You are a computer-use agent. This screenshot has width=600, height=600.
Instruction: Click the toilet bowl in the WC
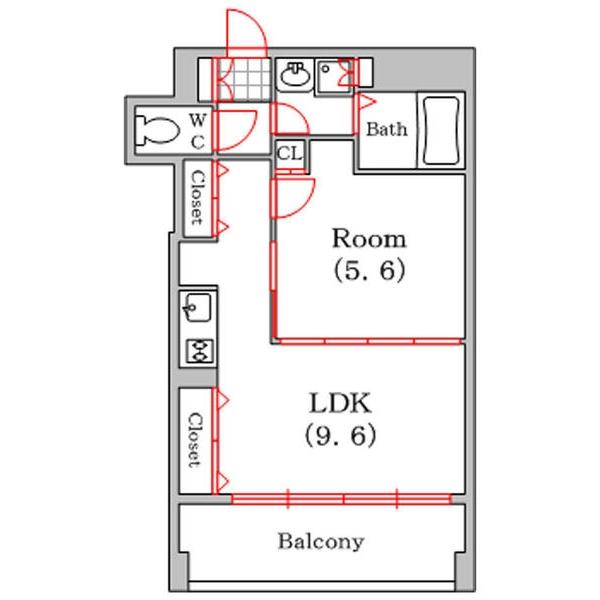[x=156, y=127]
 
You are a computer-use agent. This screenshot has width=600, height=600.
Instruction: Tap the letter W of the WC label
[x=198, y=119]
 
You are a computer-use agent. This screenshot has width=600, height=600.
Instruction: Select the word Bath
[x=385, y=129]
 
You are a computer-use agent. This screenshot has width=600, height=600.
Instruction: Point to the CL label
[x=290, y=154]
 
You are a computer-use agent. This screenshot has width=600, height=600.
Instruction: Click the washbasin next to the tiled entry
[x=294, y=74]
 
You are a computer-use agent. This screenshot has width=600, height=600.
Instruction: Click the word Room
[x=369, y=239]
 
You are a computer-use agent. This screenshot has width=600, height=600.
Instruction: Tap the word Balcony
[x=320, y=543]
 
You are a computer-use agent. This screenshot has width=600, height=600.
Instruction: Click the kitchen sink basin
[x=196, y=306]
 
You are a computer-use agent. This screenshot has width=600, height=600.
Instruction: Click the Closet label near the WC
[x=198, y=199]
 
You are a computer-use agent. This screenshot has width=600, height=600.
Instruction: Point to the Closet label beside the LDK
[x=195, y=440]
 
